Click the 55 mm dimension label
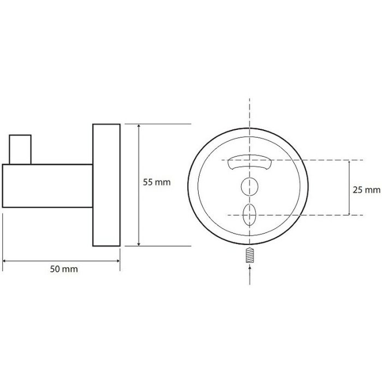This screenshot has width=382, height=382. (157, 182)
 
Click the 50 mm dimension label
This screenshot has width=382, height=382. (64, 269)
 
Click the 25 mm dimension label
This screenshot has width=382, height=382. (366, 190)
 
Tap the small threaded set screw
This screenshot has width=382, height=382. (250, 255)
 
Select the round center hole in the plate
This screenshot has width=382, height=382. (249, 187)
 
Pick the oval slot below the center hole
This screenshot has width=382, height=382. (249, 215)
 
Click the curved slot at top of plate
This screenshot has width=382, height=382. (249, 162)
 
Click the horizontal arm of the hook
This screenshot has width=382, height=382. (47, 186)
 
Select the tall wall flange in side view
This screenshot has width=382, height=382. (106, 185)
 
